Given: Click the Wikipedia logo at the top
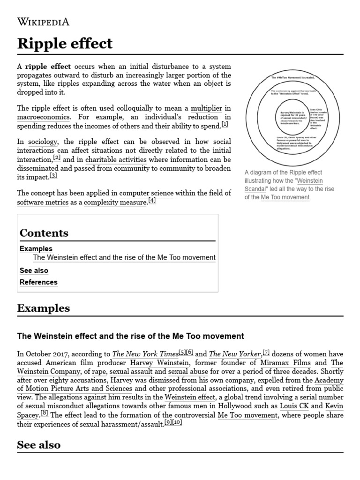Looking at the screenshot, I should point(43,22).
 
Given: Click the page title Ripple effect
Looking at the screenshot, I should point(65,44).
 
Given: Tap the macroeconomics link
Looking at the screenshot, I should point(44,117).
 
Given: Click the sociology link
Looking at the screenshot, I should point(43,142).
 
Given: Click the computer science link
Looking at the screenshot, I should point(146,193).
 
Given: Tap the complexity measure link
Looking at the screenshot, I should point(115,202).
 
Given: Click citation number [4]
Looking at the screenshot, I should point(152,201).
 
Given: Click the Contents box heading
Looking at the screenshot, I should point(44,233).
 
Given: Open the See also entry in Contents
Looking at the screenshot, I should point(34,270).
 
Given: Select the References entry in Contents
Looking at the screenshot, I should point(38,282).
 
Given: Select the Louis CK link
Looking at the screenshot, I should point(294,405).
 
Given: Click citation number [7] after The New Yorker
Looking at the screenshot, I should point(266,352).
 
